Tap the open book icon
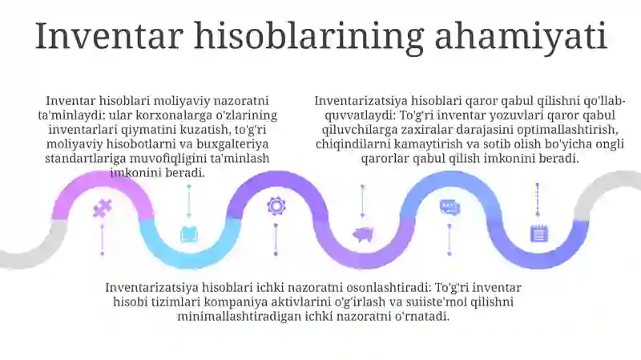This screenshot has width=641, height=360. click(x=189, y=234)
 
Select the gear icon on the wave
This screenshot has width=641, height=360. click(x=276, y=206)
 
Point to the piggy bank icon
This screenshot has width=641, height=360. click(x=363, y=234)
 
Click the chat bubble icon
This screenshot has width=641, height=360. click(x=450, y=208)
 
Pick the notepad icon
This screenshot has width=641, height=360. click(x=538, y=233)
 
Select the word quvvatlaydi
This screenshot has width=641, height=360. click(x=345, y=115)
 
